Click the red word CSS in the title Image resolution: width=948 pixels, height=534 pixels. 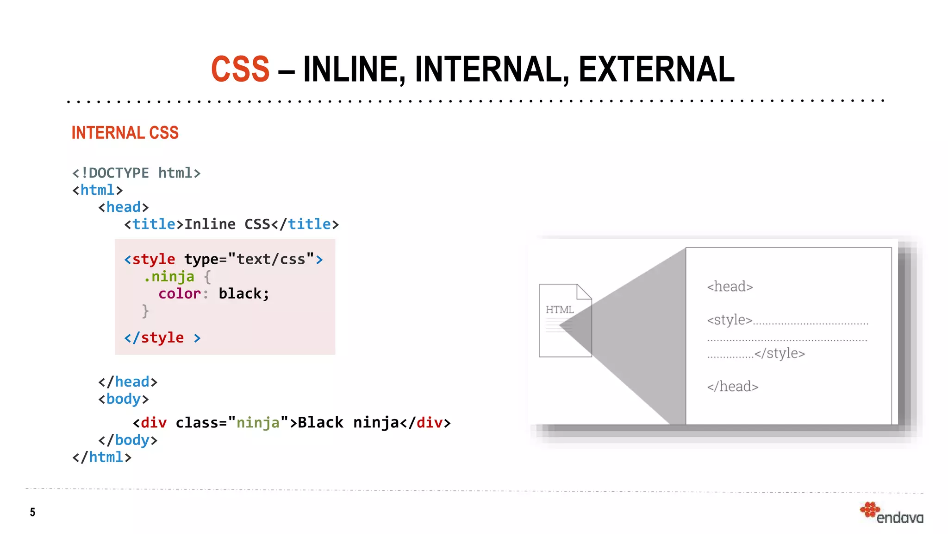point(240,69)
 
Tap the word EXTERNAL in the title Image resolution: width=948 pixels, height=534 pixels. point(656,69)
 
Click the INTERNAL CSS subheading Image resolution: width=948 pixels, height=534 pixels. point(125,133)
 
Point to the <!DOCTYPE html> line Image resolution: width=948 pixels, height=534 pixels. point(136,173)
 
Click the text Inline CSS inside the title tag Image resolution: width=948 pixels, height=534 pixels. point(227,224)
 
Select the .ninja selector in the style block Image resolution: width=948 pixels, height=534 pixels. point(169,277)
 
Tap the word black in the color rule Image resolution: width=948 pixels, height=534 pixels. point(240,294)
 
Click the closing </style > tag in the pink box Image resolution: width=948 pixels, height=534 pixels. point(162,338)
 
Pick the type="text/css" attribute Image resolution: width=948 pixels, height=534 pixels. point(249,259)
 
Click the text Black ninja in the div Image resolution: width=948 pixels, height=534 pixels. point(348,423)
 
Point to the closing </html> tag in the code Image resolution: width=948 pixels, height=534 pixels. point(102,458)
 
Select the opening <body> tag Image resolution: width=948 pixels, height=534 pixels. point(123,399)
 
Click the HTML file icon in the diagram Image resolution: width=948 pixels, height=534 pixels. point(565,320)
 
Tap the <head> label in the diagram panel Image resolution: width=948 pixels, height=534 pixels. point(730,286)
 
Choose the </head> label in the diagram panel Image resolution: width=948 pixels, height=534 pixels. point(732,387)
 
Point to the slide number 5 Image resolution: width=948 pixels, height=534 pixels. point(32,512)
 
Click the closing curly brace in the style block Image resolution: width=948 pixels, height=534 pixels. point(145,311)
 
